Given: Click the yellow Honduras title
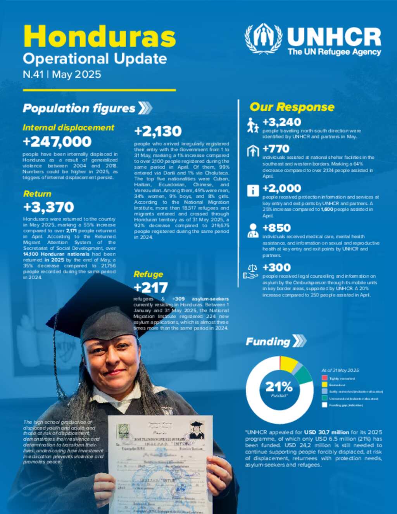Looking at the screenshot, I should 100,37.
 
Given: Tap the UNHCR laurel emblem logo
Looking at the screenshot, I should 263,39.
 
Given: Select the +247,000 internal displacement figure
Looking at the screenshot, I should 57,142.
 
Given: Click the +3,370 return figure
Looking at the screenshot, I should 48,207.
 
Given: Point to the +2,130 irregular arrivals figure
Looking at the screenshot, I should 158,132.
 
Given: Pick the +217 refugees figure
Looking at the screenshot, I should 150,287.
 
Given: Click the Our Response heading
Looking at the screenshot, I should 292,107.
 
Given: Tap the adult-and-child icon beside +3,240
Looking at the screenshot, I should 253,125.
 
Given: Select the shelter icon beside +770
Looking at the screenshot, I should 253,151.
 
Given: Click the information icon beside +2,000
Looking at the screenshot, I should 253,190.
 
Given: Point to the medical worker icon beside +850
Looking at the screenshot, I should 253,230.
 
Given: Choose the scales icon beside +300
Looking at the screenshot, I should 251,272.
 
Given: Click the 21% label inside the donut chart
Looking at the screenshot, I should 279,386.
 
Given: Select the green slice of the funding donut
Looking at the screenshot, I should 305,374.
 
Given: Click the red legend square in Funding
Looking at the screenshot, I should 325,378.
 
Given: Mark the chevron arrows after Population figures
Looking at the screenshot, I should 145,108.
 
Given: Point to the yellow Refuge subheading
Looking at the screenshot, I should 148,274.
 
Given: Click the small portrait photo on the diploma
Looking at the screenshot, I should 197,430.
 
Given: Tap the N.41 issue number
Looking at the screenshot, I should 33,74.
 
